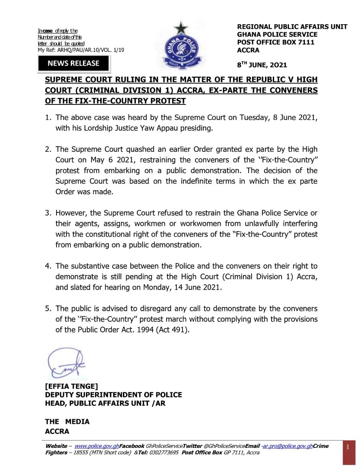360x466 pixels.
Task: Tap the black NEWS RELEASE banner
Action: [73, 63]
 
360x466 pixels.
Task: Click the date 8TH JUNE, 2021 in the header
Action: [262, 65]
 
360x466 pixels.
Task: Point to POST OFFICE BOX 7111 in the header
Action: [276, 42]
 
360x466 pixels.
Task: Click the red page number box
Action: [348, 448]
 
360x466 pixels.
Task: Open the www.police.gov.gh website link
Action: [97, 446]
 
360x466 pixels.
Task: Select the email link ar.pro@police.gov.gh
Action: [287, 446]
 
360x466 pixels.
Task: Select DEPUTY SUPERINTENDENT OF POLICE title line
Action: [114, 395]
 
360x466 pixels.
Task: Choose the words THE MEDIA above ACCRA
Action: [67, 422]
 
